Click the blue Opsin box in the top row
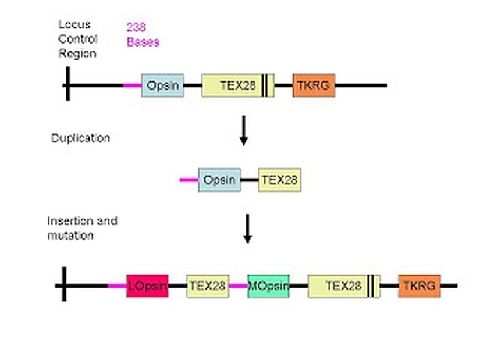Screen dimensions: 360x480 [x=162, y=85]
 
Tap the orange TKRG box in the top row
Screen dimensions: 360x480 [x=314, y=85]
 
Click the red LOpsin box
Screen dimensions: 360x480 [x=147, y=286]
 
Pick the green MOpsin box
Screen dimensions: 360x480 [x=268, y=286]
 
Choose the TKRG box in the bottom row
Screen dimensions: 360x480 [x=419, y=286]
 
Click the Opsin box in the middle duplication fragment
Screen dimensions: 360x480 [x=219, y=180]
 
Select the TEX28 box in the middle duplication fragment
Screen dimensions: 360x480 [x=279, y=180]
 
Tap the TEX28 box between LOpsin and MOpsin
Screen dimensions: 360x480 [x=208, y=286]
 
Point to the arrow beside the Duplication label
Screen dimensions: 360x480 [x=244, y=130]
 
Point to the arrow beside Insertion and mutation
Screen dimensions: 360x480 [x=247, y=229]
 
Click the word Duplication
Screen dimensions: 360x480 [x=80, y=138]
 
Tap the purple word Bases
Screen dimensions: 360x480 [x=143, y=41]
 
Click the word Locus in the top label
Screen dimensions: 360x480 [x=74, y=25]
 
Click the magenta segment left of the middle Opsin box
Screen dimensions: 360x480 [x=189, y=180]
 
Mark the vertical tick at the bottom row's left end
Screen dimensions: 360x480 [x=64, y=285]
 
